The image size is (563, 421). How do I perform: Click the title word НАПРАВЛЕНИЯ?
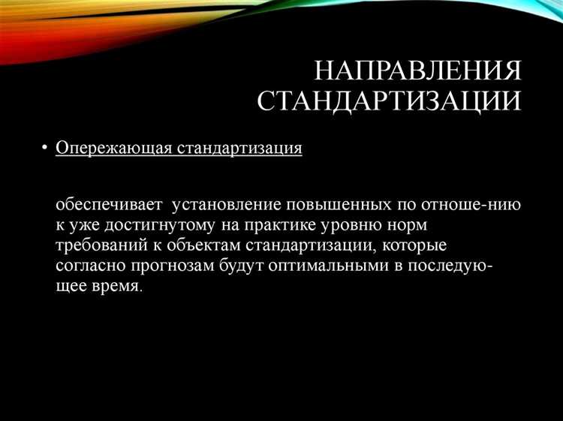(417, 73)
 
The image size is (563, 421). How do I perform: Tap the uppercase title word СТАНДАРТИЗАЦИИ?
(390, 101)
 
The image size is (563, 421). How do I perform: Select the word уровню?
(364, 225)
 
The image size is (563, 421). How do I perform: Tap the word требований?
(98, 245)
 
